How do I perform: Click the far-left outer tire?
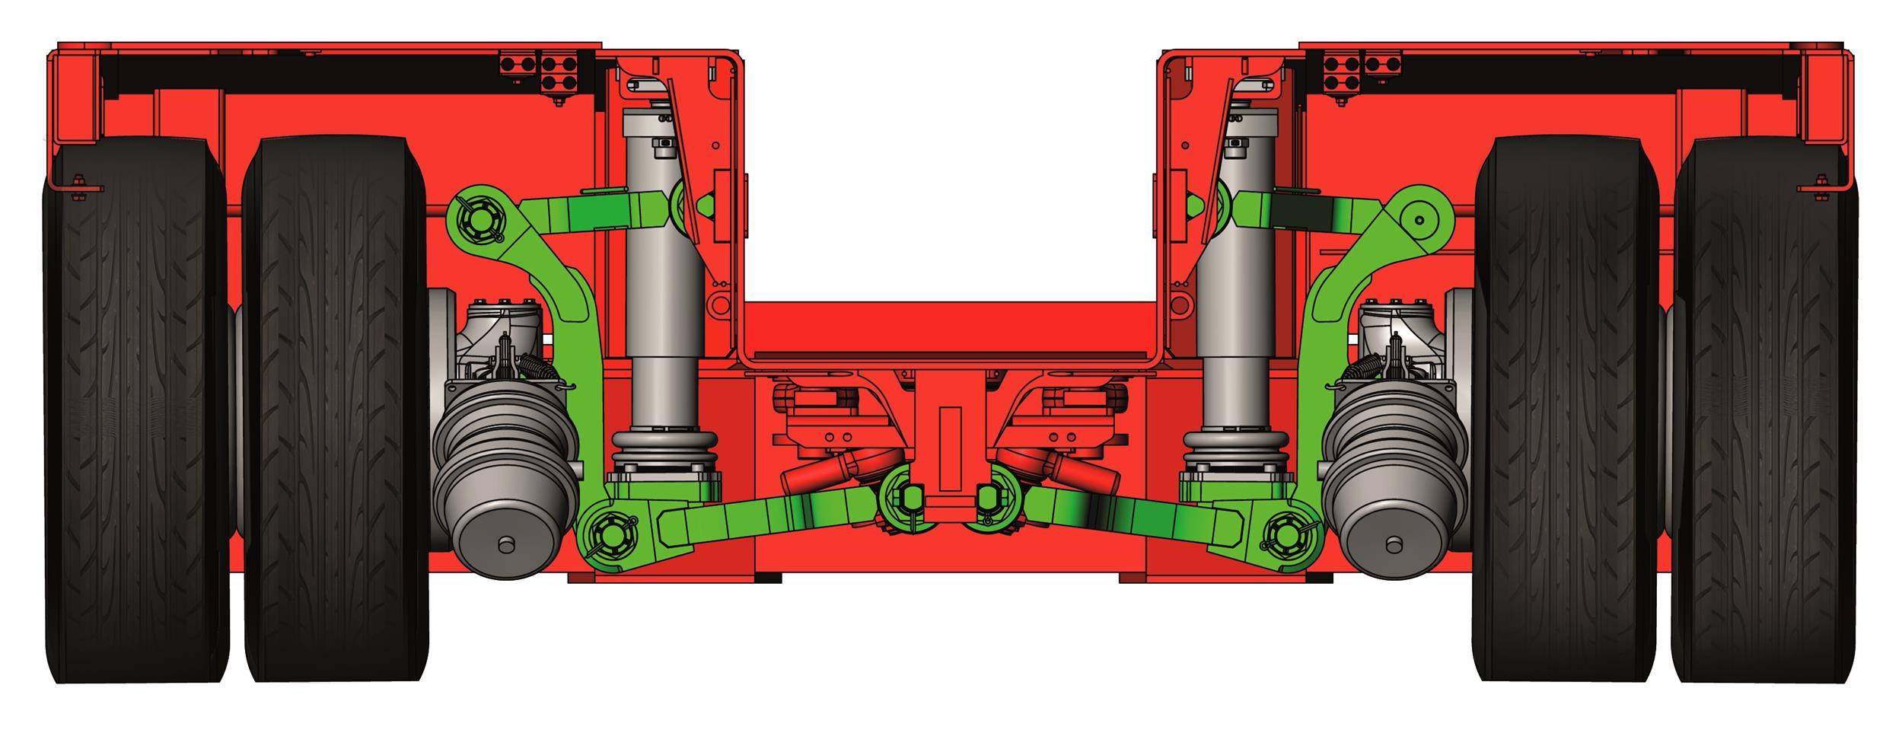pos(135,411)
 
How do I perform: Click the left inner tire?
pos(335,411)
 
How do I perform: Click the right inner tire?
pos(1566,411)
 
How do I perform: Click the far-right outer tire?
pos(1764,411)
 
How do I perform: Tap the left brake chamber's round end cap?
pos(504,543)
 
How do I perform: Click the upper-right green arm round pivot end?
pos(1419,219)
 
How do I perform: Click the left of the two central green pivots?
pos(906,499)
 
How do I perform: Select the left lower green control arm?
pos(769,514)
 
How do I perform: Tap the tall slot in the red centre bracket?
pos(950,449)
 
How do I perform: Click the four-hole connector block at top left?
pos(561,72)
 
